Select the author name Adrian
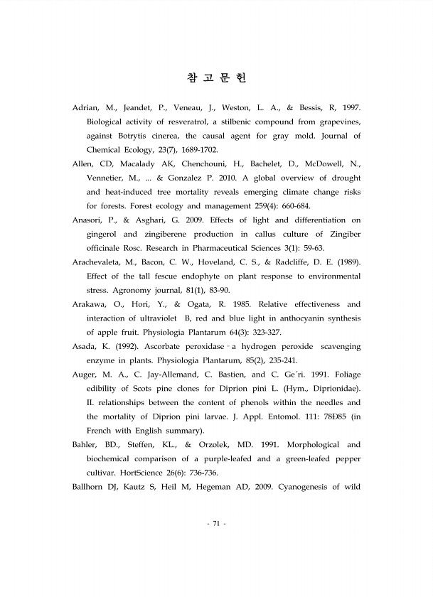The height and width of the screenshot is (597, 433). coord(87,108)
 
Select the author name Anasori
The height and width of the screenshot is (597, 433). coord(90,220)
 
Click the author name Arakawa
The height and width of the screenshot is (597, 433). coord(91,304)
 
